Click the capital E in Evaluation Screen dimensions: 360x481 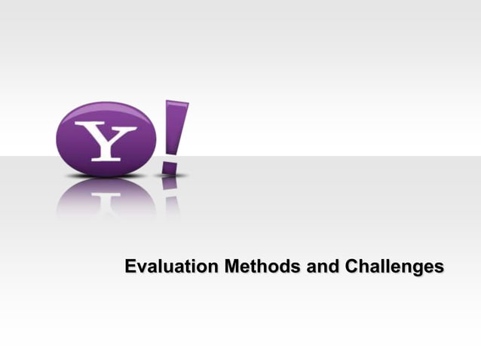(x=130, y=267)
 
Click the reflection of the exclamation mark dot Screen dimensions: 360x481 (x=170, y=183)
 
